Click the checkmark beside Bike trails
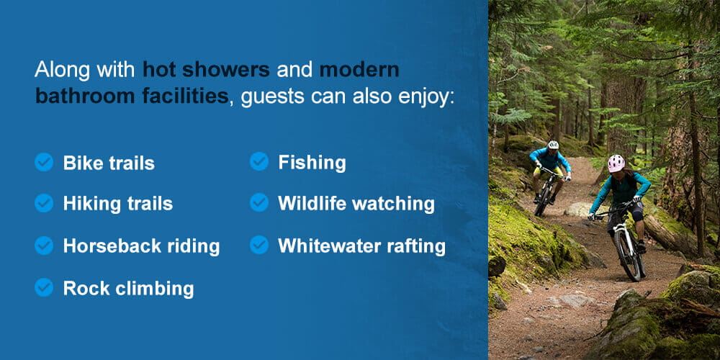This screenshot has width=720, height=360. [x=44, y=162]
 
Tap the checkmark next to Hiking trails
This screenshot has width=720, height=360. [x=44, y=204]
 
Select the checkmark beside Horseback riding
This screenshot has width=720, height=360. [x=44, y=246]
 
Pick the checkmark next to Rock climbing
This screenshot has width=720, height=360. [x=44, y=288]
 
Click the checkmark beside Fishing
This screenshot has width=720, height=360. [x=259, y=162]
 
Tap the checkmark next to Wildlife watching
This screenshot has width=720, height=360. [x=259, y=204]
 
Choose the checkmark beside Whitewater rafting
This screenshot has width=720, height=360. [x=259, y=246]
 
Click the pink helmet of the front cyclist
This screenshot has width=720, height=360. [x=616, y=163]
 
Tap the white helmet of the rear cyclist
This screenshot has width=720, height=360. [x=553, y=145]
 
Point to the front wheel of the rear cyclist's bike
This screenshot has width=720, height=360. [x=541, y=201]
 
